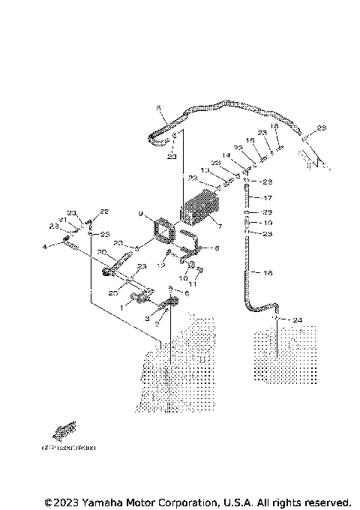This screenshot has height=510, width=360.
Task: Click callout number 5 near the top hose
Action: click(159, 109)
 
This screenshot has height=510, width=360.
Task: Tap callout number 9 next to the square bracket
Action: click(140, 214)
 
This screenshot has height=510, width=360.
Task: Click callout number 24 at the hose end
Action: click(298, 320)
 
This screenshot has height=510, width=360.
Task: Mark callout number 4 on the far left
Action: click(44, 246)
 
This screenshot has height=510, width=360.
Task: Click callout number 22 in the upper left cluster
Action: click(104, 211)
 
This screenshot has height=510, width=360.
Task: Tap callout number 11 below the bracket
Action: click(191, 285)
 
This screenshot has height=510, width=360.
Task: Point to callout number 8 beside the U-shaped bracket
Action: click(217, 248)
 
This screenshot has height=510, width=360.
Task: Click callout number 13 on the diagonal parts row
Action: click(205, 171)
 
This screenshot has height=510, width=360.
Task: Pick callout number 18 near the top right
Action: click(274, 127)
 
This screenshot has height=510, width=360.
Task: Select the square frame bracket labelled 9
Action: click(163, 232)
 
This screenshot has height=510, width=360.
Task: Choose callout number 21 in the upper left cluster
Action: click(63, 220)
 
